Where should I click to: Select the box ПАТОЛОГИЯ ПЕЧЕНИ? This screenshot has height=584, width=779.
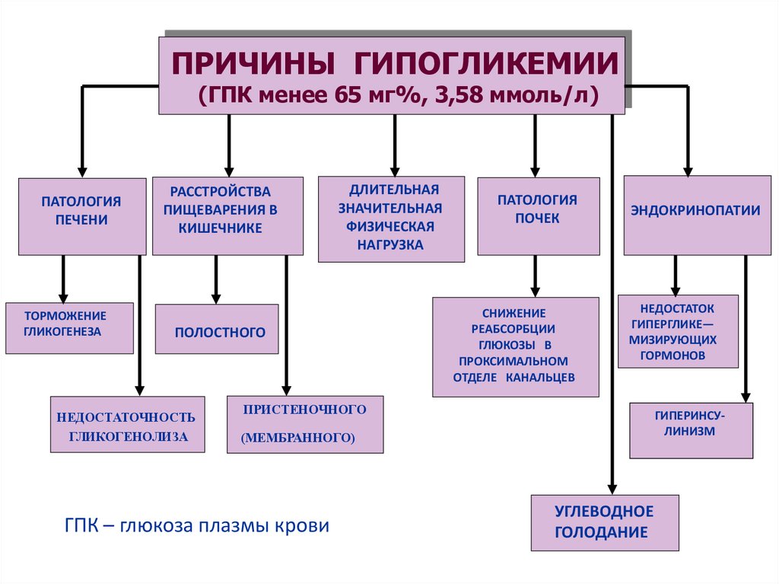(81, 215)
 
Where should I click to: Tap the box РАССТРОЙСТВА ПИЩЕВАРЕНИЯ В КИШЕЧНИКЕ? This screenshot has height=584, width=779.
(227, 215)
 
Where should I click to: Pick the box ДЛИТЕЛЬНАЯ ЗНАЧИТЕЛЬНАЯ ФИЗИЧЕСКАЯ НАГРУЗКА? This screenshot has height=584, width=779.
(391, 219)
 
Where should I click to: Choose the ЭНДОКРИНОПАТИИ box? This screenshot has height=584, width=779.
(696, 215)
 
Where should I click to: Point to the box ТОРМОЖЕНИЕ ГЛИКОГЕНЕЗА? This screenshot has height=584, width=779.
(68, 327)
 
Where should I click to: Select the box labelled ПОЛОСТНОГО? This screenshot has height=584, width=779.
(216, 329)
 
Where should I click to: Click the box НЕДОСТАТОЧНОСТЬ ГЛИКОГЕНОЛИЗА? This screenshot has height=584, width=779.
(127, 424)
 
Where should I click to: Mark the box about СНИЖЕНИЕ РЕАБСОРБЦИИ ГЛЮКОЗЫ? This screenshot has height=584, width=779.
(515, 346)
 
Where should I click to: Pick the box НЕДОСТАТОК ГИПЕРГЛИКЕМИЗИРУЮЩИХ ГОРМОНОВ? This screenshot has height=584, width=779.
(677, 331)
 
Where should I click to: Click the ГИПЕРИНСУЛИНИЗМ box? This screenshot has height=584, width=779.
(690, 430)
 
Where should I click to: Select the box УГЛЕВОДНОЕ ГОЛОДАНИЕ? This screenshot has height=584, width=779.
(603, 522)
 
